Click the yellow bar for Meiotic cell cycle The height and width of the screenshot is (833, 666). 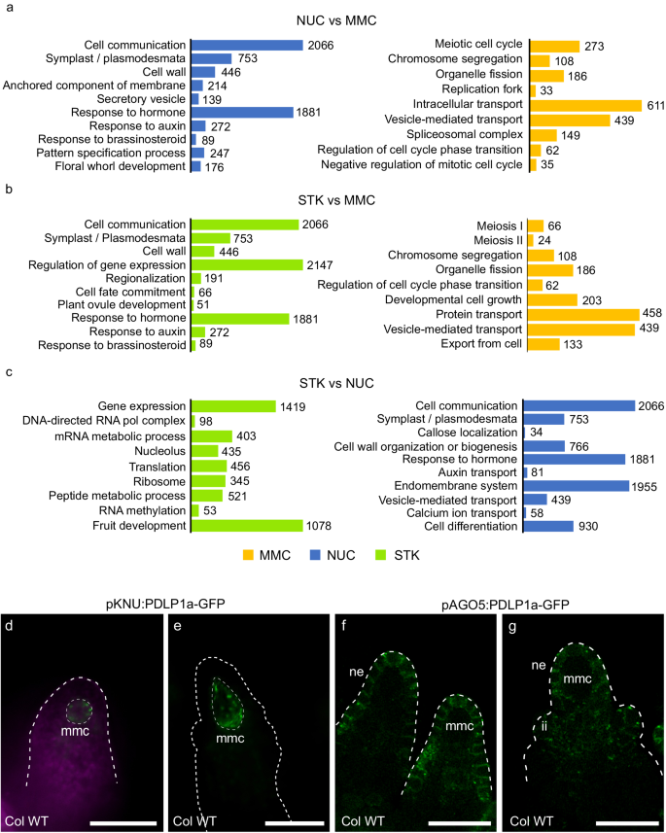(x=553, y=46)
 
